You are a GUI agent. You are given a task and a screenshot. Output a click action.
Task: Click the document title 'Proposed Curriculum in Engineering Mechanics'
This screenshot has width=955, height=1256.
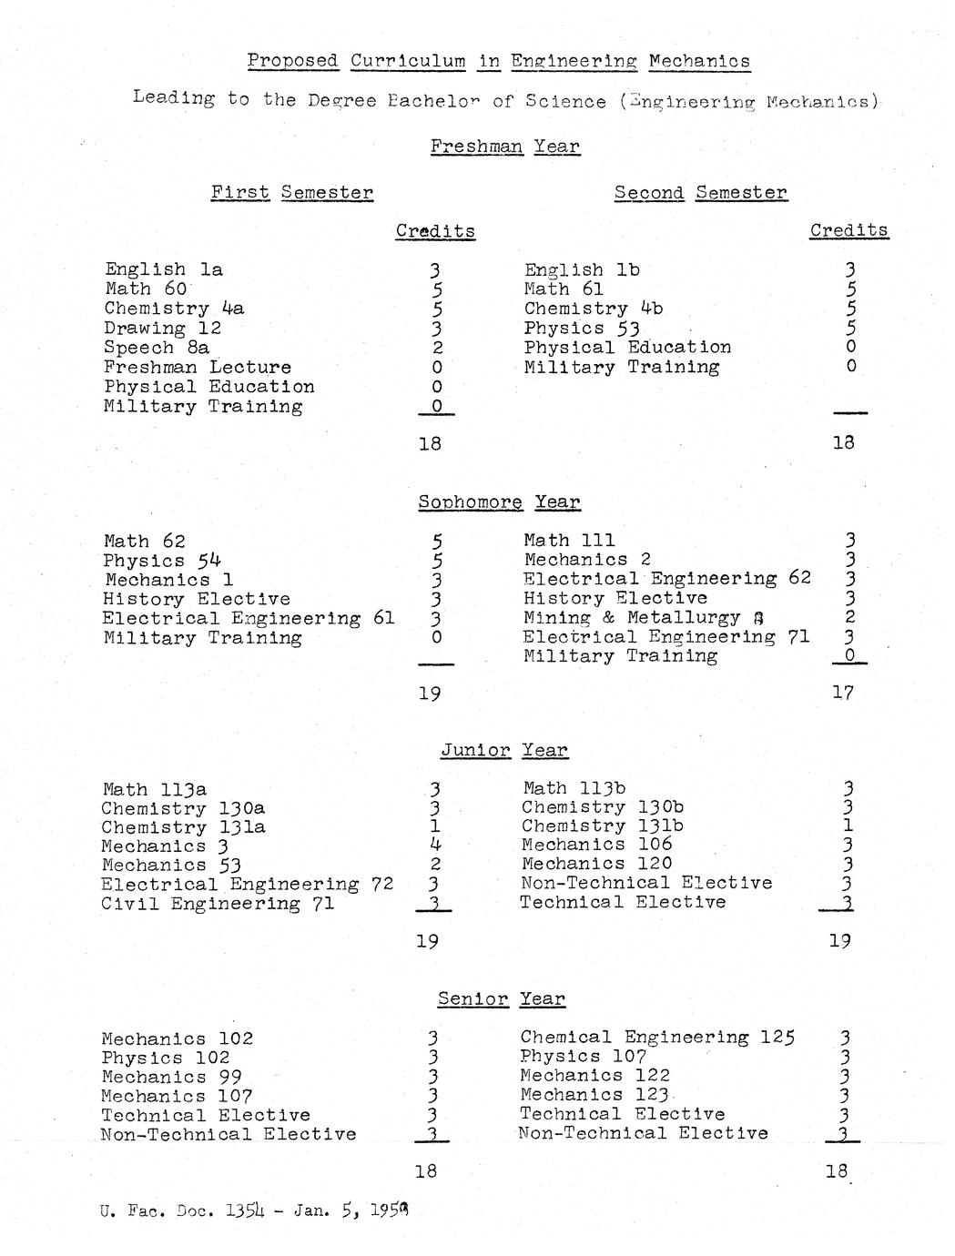(x=499, y=61)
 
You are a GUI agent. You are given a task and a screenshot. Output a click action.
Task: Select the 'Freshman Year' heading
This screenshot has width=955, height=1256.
(x=504, y=147)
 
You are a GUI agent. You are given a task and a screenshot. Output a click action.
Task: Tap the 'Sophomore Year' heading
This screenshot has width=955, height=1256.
(x=499, y=501)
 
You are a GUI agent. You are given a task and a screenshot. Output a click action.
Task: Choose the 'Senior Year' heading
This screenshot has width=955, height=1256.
(x=501, y=998)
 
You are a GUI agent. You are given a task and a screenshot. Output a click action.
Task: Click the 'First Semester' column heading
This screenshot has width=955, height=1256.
(x=291, y=192)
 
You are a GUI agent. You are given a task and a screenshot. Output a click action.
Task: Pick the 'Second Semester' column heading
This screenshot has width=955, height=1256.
(x=700, y=193)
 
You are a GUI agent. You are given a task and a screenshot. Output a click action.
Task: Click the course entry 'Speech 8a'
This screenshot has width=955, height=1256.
(x=157, y=348)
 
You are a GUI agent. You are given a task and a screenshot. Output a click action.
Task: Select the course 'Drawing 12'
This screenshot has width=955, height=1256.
(x=162, y=328)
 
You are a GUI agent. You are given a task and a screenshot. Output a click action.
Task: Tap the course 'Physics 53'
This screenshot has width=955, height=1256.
(x=582, y=328)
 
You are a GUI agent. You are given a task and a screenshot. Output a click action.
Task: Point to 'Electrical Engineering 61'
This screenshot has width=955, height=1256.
(x=249, y=618)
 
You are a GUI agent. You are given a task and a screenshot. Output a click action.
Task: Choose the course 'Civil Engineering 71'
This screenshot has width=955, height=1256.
(x=218, y=904)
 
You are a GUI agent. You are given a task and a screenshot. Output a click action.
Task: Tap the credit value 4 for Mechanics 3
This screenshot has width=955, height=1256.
(x=435, y=846)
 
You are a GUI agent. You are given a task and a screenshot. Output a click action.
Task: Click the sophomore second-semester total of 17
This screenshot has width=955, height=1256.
(x=843, y=693)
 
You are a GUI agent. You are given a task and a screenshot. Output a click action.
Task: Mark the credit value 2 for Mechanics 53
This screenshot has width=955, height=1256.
(x=435, y=865)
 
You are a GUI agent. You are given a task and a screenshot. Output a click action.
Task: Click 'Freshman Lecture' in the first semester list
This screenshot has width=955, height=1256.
(x=198, y=367)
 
